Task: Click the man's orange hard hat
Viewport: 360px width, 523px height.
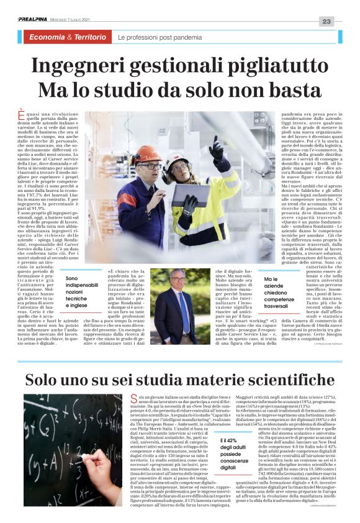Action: pyautogui.click(x=147, y=155)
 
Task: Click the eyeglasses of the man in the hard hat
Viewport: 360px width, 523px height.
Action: pyautogui.click(x=150, y=166)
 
